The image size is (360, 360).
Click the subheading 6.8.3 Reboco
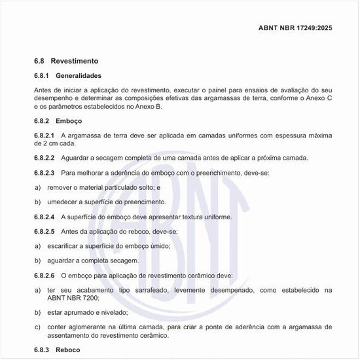57,350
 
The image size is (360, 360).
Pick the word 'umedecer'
63,202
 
